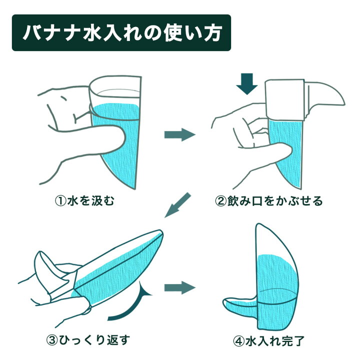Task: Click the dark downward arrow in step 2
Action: [x=247, y=84]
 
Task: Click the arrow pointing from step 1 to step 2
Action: [x=180, y=135]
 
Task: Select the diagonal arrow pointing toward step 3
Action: [x=177, y=205]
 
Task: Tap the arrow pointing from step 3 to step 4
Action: [x=180, y=287]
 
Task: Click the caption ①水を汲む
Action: [x=84, y=201]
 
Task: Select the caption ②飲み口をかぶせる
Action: [x=269, y=201]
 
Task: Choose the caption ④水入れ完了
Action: [x=269, y=340]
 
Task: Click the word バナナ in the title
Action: [x=51, y=33]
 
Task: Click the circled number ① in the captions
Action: [x=60, y=201]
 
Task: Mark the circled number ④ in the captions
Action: [x=238, y=341]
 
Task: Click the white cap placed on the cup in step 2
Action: [x=285, y=99]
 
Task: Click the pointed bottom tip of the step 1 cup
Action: [x=135, y=188]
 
